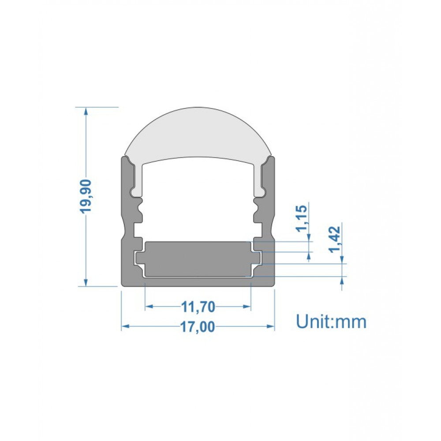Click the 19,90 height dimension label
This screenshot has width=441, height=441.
[86, 196]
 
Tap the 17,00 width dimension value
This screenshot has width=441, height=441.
[198, 327]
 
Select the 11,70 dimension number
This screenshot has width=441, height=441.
[198, 307]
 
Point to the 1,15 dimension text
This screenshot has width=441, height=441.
[302, 218]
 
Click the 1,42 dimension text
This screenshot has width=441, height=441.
[335, 239]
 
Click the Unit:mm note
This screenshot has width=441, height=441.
[331, 321]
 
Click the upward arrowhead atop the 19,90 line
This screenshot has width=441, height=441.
[86, 111]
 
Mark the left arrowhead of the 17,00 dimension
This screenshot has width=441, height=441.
[125, 326]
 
